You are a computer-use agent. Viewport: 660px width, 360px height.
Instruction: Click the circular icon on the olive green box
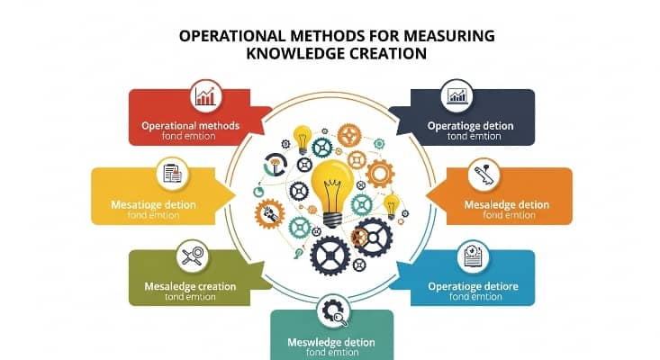(191, 255)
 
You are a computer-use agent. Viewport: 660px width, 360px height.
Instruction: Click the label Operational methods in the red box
(191, 125)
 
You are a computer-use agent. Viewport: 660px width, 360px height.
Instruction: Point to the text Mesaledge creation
(190, 286)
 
